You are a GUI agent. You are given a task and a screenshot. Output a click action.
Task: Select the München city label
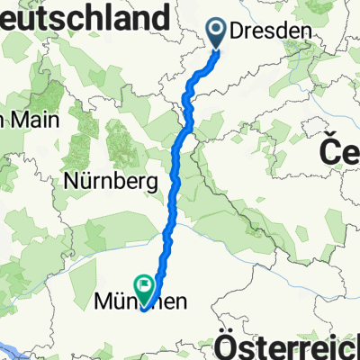[140, 304]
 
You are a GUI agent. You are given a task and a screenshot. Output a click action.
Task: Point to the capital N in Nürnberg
[71, 181]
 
